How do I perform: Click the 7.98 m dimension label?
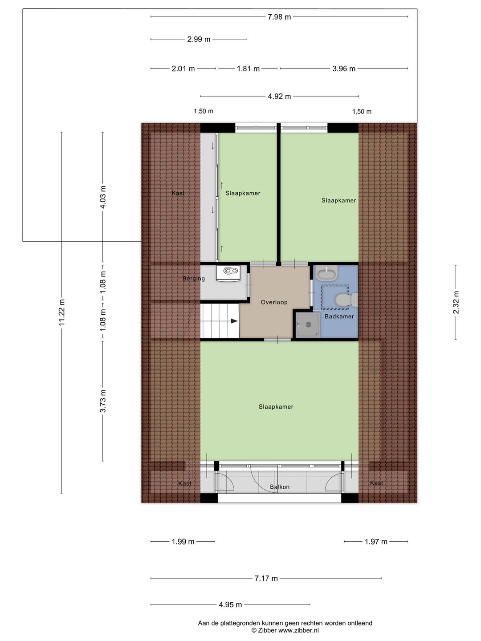pos(279,17)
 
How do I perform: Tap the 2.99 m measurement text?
pos(199,39)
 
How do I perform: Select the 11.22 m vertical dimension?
pos(61,312)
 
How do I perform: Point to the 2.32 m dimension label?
pos(456,302)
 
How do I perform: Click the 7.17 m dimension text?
pos(266,578)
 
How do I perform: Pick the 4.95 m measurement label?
pos(230,604)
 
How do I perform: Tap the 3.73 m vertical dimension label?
pos(103,401)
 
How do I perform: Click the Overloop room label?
pos(274,302)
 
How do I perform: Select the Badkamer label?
pos(339,316)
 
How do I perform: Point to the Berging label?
pos(193,279)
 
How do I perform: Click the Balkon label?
pos(280,487)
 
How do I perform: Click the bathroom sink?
pos(326,272)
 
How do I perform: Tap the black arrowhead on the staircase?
pos(234,320)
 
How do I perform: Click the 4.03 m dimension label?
pos(103,197)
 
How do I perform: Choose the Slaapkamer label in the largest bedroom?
pos(276,407)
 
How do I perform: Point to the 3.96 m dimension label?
pos(344,69)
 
